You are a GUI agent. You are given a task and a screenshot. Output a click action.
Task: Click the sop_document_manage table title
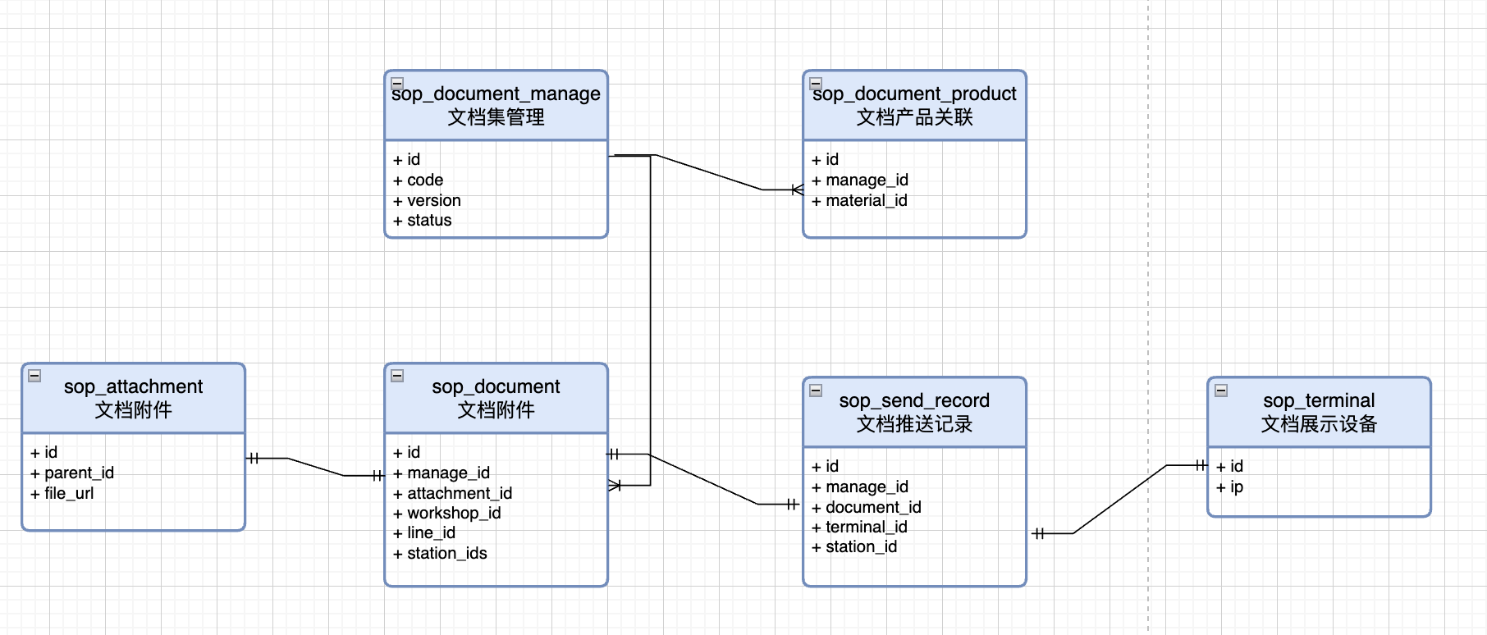click(496, 94)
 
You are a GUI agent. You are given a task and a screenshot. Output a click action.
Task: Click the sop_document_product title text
click(914, 94)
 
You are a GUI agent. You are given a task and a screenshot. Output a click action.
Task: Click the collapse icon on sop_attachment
click(34, 376)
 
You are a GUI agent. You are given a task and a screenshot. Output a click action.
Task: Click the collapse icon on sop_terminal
click(1221, 390)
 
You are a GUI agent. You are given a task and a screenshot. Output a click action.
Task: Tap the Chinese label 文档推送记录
click(914, 424)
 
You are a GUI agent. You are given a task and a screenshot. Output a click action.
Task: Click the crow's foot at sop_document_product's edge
click(796, 190)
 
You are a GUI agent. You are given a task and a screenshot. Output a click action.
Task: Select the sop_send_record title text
click(914, 400)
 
